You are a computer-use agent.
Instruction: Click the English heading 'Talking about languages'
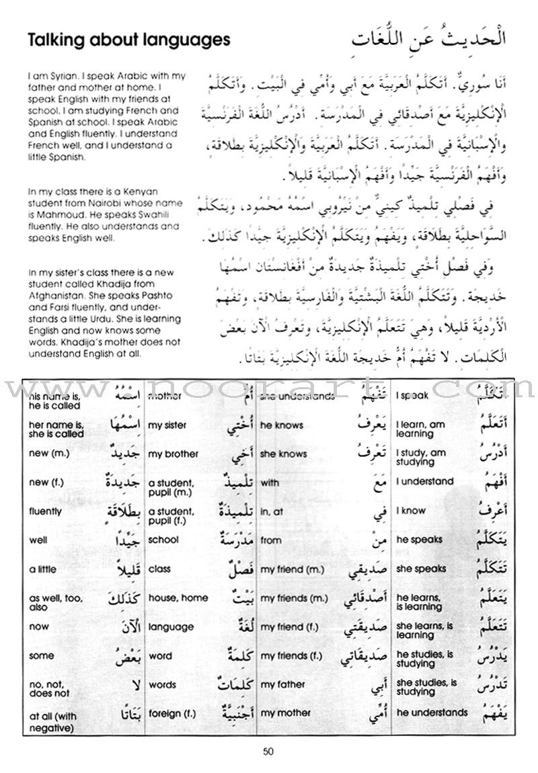click(x=128, y=40)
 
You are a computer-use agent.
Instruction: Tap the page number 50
click(x=269, y=751)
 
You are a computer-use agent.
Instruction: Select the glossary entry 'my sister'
click(x=167, y=425)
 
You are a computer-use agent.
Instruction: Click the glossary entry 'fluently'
click(x=46, y=511)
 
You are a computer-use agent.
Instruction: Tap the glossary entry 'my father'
click(x=283, y=684)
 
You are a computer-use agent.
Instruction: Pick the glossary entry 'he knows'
click(x=282, y=425)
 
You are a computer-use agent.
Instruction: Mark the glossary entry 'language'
click(x=171, y=626)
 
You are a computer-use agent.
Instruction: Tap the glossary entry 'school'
click(x=163, y=539)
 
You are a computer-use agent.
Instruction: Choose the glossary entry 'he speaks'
click(x=420, y=539)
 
